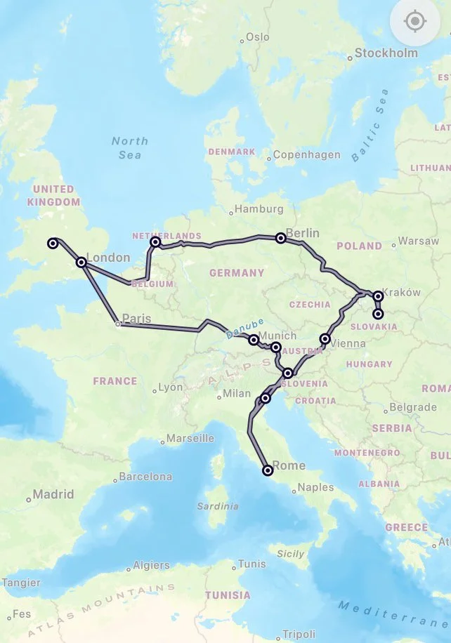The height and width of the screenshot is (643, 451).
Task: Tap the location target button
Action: coord(415,22)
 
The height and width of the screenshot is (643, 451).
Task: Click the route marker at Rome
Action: coord(268,470)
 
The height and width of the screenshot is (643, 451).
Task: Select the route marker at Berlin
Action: coord(281,238)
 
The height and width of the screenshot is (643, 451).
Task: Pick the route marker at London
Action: coord(81,262)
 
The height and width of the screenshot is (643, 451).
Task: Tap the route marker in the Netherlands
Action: coord(155,241)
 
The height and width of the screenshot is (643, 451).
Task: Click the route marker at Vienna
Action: coord(325,339)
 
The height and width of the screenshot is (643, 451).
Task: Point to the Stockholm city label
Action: coord(386,53)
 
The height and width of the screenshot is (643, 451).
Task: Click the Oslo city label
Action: coord(257,37)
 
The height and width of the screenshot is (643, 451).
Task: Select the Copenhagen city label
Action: coord(306,154)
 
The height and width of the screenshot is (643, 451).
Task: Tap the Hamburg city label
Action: coord(259,208)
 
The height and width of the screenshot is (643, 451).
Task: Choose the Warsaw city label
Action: coord(418,241)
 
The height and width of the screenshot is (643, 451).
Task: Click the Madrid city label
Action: coord(53,494)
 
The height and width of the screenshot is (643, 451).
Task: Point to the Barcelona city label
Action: coord(145,476)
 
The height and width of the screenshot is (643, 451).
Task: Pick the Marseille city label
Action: coord(189,438)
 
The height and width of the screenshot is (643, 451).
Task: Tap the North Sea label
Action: coord(130,147)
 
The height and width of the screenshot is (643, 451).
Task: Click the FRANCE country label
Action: coord(115,381)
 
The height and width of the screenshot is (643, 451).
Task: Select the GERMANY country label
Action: coord(236,272)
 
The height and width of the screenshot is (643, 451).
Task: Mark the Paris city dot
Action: coord(118,324)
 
